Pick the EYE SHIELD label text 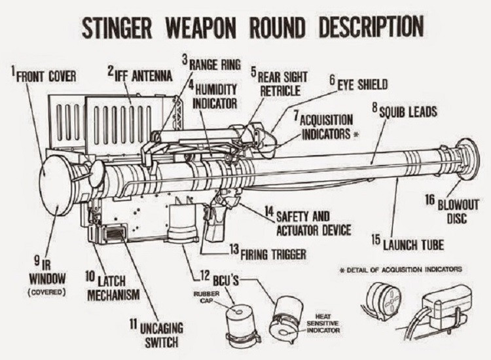362,84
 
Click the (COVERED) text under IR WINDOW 47,291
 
